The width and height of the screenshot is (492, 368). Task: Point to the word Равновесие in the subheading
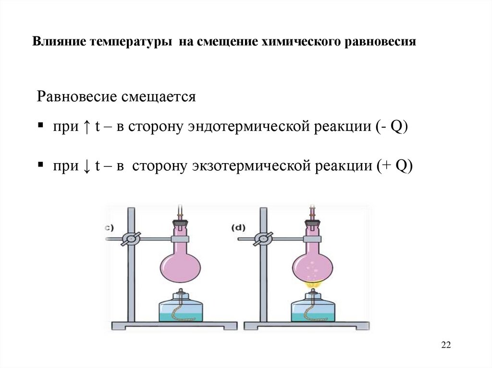pos(77,96)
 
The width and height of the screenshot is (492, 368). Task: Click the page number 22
pos(446,345)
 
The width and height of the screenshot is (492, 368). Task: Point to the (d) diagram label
pos(238,228)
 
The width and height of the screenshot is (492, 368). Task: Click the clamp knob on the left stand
pos(131,239)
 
